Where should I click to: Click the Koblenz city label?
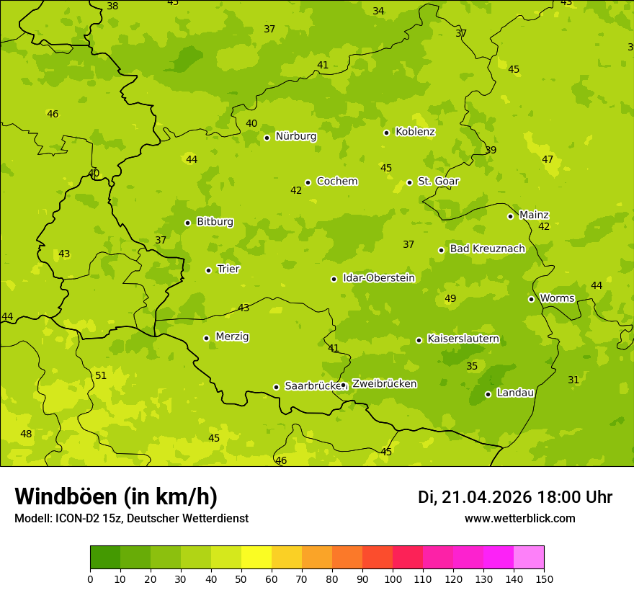tap(415, 132)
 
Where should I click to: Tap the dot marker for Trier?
tap(208, 270)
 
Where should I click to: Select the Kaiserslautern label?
tap(463, 339)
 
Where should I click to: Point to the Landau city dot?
tap(488, 394)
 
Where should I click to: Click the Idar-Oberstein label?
tap(379, 278)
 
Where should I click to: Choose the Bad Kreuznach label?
tap(487, 249)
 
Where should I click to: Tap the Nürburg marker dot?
tap(267, 138)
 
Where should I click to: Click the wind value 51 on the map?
tap(101, 375)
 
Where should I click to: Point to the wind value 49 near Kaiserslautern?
tap(450, 298)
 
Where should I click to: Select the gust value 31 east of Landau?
tap(573, 380)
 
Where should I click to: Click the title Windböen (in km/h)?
tap(116, 496)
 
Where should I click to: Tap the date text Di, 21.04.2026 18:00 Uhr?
tap(515, 497)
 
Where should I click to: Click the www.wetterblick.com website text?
tap(519, 519)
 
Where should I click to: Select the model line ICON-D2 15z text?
tap(131, 519)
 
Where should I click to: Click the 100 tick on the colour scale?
tap(393, 579)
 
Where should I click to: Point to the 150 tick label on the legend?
tap(544, 579)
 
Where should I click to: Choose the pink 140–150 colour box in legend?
tap(529, 558)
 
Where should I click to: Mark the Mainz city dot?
tap(510, 216)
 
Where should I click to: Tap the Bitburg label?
tap(215, 222)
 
